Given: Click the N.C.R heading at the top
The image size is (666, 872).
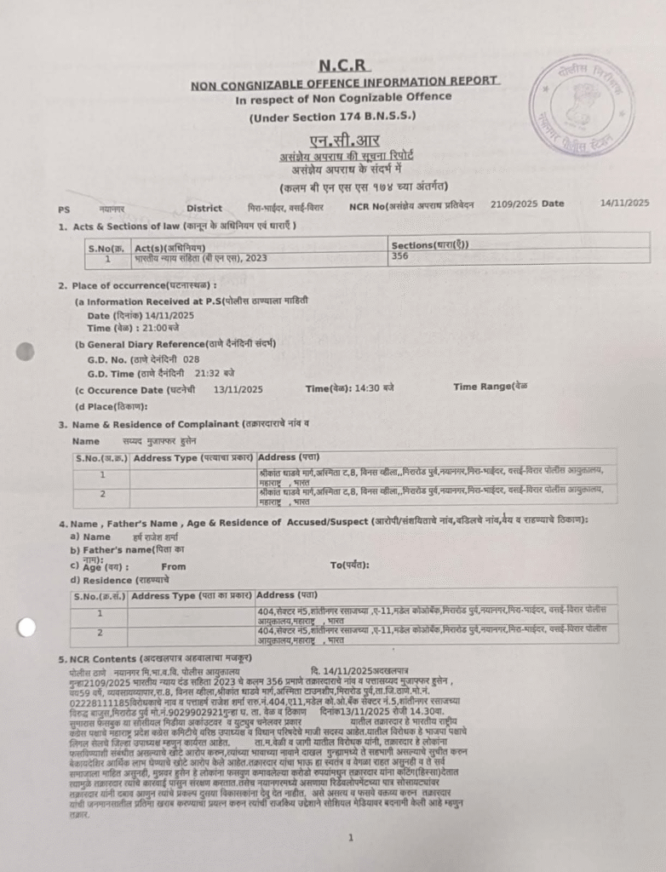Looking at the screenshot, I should [344, 65].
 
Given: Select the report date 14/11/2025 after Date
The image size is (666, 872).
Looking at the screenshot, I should [624, 203].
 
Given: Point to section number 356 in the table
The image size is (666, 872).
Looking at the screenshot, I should [399, 255].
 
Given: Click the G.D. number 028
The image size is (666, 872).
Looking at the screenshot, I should [191, 359].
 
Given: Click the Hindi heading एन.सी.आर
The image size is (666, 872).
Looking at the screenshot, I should [344, 141].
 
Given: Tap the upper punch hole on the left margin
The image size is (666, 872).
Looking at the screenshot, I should [25, 351].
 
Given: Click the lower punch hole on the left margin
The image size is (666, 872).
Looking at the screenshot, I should [26, 628].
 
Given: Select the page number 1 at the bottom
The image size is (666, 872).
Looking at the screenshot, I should [350, 814].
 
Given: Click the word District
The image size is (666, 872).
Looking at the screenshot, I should [204, 208].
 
